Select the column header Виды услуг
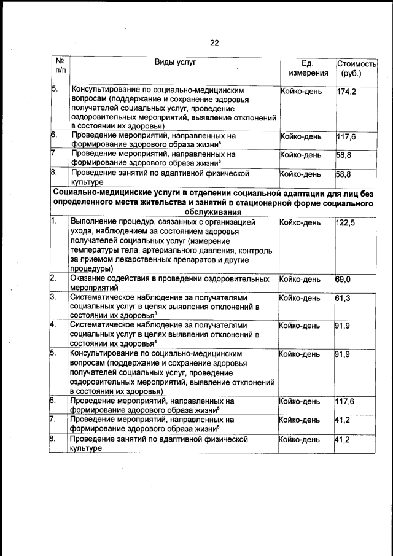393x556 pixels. pos(174,62)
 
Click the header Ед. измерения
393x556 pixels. pos(308,68)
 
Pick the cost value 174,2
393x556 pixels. pos(347,92)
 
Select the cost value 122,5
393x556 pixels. pos(346,222)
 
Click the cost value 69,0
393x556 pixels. pos(344,279)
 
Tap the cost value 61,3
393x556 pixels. pos(344,298)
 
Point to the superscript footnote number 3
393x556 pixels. pos(157,313)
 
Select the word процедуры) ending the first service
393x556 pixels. pos(91,268)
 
